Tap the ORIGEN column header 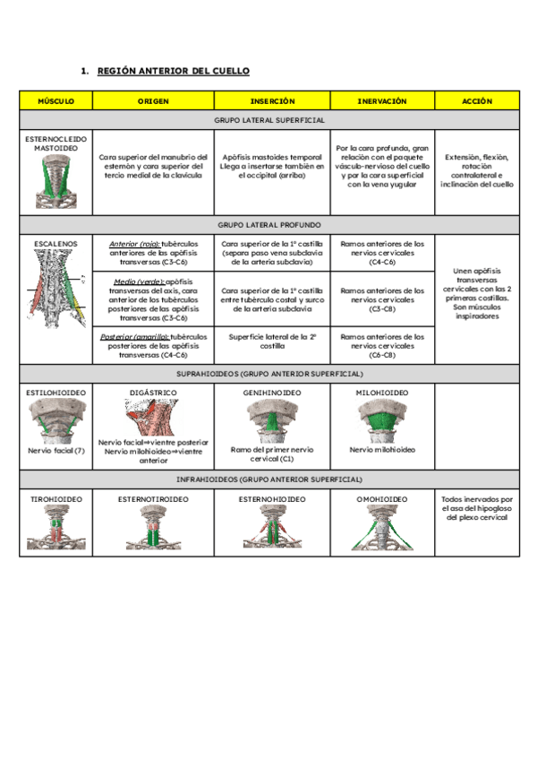[153, 101]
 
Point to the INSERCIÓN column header [272, 101]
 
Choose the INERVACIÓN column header [382, 101]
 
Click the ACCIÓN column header [477, 101]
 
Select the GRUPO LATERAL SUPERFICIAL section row [269, 119]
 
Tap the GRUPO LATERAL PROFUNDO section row [269, 225]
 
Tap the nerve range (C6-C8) [382, 354]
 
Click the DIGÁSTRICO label [153, 393]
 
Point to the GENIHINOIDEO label [272, 393]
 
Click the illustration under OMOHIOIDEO [382, 528]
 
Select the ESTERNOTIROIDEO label [153, 498]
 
